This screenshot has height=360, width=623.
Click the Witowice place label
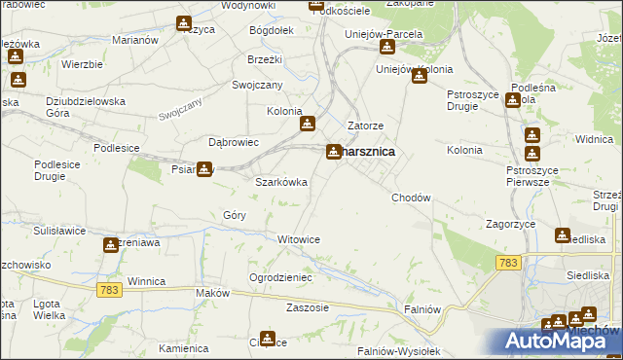pyautogui.click(x=299, y=239)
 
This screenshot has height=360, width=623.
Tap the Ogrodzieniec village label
pyautogui.click(x=280, y=277)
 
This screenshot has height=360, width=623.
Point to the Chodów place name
pyautogui.click(x=411, y=198)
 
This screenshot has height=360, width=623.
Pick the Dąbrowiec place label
pyautogui.click(x=234, y=142)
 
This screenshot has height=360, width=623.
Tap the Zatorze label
pyautogui.click(x=366, y=126)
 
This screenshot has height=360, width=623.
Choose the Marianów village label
pyautogui.click(x=135, y=41)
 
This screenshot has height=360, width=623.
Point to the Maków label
pyautogui.click(x=211, y=293)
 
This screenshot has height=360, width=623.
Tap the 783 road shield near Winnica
pyautogui.click(x=109, y=290)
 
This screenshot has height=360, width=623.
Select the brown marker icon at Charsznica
pyautogui.click(x=334, y=151)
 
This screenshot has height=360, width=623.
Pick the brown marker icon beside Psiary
pyautogui.click(x=203, y=169)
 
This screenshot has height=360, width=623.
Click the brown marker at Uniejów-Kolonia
pyautogui.click(x=420, y=76)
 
